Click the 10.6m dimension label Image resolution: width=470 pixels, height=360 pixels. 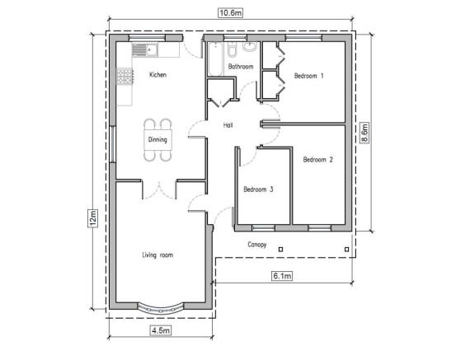230,13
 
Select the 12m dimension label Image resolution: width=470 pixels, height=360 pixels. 93,217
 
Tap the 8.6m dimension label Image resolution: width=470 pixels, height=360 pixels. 364,133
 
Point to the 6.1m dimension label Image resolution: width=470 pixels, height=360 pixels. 282,275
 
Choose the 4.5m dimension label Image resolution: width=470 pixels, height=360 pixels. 161,330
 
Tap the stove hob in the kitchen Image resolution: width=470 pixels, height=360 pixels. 125,76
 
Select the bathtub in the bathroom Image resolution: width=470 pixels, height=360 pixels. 215,59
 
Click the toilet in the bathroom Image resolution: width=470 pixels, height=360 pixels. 232,49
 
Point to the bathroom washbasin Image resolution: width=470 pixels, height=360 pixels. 249,47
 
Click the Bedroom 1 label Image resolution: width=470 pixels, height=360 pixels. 309,76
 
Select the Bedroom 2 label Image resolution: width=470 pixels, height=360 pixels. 318,160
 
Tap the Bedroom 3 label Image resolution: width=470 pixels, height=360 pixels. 258,189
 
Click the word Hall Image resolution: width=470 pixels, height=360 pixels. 228,125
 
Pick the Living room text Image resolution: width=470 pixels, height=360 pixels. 157,255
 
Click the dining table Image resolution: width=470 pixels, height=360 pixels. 158,140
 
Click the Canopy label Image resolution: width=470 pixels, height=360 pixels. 257,245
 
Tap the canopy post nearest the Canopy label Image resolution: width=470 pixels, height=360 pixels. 281,249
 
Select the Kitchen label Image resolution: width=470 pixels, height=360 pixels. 158,75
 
